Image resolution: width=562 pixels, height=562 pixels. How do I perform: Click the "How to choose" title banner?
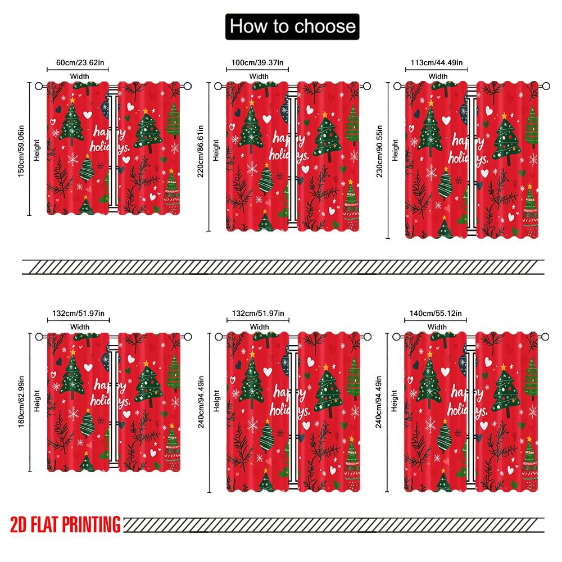291,26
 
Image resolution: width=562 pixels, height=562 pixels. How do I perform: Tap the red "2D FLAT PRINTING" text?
65,525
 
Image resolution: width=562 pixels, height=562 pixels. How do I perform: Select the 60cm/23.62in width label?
78,63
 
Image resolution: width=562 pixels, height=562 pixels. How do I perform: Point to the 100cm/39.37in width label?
257,63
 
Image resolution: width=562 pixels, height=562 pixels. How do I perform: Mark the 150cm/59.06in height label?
21,148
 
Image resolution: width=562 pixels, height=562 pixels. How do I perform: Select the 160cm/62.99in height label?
21,400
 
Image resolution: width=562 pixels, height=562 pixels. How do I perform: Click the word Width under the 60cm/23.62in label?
79,76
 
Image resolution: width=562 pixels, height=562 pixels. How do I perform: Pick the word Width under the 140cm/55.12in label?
437,327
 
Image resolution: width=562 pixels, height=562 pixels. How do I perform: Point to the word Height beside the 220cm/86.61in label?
216,150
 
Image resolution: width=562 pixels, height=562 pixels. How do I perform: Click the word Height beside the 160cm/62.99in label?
37,401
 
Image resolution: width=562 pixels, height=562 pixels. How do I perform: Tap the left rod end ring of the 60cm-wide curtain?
38,86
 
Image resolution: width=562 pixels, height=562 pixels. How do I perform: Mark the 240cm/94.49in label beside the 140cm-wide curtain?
380,402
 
